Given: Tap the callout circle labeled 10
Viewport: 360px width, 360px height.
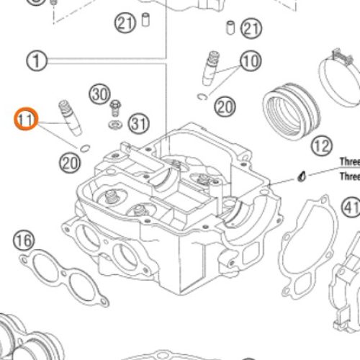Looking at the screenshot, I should (x=250, y=61).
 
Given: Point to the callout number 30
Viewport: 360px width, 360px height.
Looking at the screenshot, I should (x=99, y=93).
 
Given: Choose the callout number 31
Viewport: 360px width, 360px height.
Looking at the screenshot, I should (x=138, y=124).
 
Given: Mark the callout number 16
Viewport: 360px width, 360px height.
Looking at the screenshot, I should (x=24, y=239).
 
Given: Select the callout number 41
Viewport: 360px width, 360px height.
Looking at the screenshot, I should (x=351, y=208).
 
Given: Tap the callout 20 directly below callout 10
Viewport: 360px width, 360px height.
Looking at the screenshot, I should (x=225, y=107).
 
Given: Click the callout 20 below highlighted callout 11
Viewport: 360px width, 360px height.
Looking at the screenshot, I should (x=70, y=163).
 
